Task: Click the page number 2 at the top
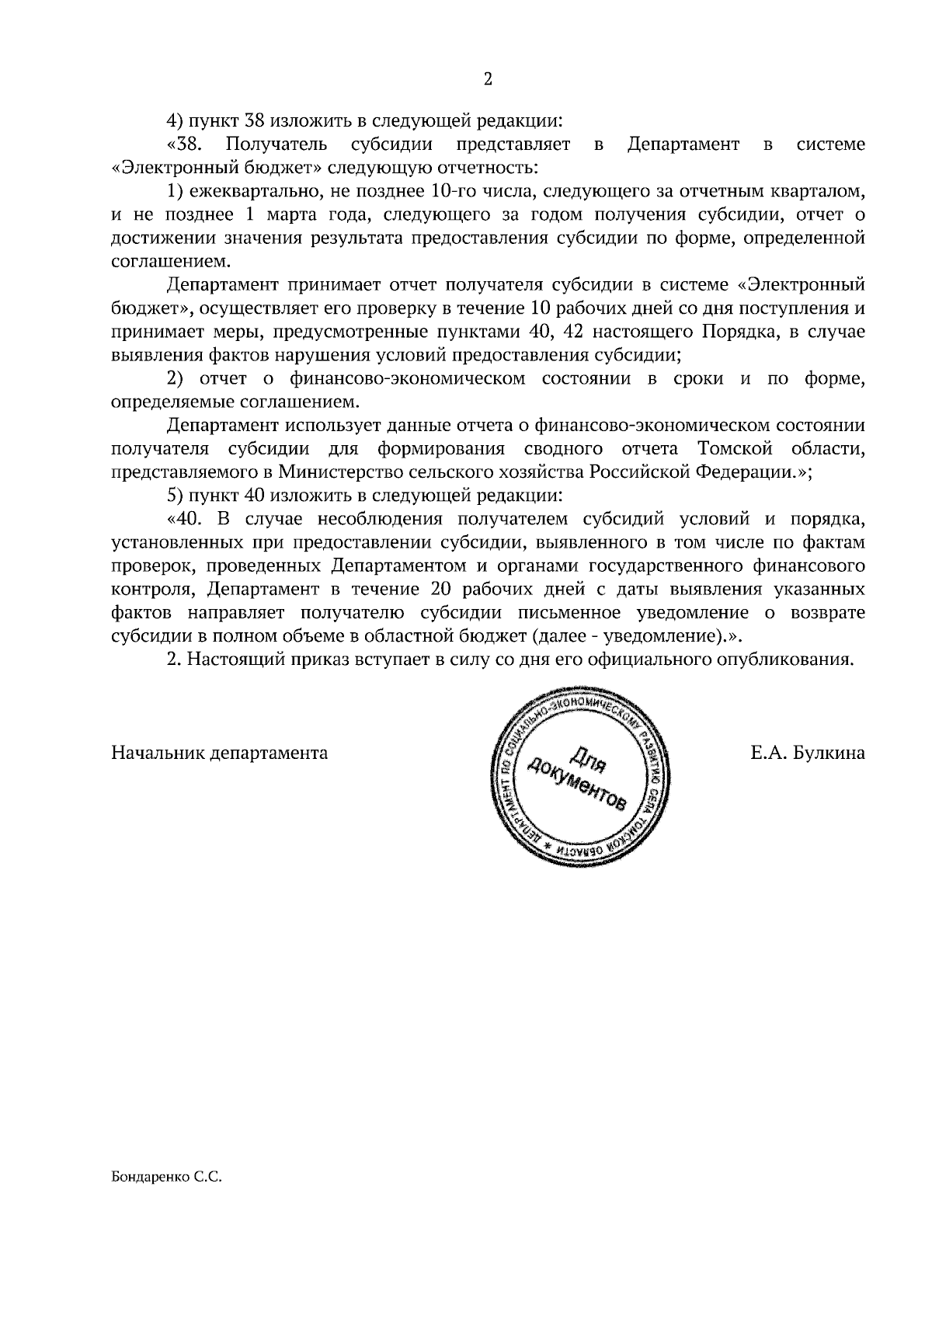pos(489,78)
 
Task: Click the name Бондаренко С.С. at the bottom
pos(167,1177)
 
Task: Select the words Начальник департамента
pos(220,753)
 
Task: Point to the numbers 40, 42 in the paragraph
pos(556,332)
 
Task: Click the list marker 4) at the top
pos(175,121)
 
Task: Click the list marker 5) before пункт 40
pos(175,496)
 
